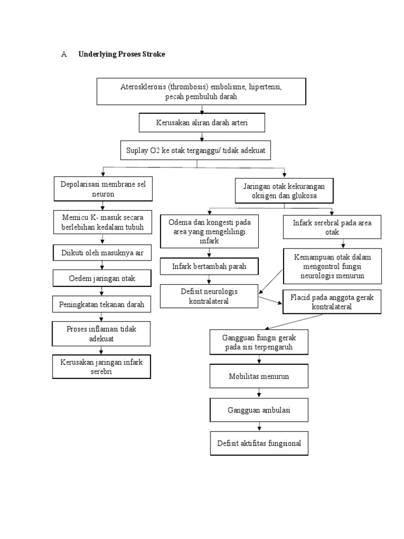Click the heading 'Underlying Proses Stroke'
tap(122, 54)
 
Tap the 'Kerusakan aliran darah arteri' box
tap(201, 123)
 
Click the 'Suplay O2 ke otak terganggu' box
tap(197, 151)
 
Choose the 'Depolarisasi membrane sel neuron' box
tap(103, 189)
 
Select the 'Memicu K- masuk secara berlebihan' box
tap(103, 222)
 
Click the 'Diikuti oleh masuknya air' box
tap(103, 253)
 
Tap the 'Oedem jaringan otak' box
tap(103, 278)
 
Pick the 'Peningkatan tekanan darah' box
tap(103, 304)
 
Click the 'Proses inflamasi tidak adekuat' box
tap(103, 334)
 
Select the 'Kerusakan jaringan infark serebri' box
tap(103, 366)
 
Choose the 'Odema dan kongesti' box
tap(209, 232)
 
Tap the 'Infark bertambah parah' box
tap(209, 267)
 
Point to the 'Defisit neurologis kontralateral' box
tap(209, 297)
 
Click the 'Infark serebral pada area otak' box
tap(332, 227)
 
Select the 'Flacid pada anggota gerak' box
tap(332, 302)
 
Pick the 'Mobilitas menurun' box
tap(259, 377)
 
